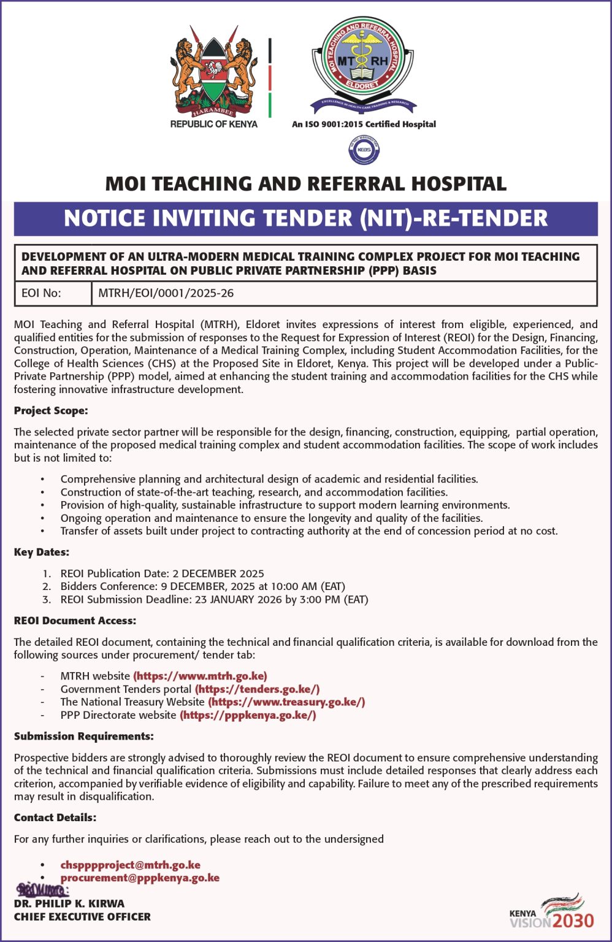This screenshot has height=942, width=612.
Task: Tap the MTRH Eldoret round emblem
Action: pyautogui.click(x=363, y=61)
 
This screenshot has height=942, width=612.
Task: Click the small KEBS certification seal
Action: pyautogui.click(x=364, y=151)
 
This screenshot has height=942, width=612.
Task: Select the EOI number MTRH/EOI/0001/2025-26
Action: pyautogui.click(x=166, y=293)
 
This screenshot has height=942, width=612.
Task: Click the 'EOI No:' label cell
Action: pyautogui.click(x=41, y=293)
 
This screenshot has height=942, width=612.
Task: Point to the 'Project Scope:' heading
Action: pyautogui.click(x=51, y=410)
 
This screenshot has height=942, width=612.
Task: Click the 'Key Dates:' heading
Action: pyautogui.click(x=42, y=552)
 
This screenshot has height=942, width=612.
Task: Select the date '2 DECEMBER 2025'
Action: pyautogui.click(x=218, y=573)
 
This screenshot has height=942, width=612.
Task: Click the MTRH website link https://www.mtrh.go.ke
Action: pyautogui.click(x=200, y=676)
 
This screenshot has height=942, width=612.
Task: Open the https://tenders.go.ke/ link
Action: pyautogui.click(x=257, y=689)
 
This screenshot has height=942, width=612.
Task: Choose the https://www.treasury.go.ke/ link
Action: pyautogui.click(x=286, y=702)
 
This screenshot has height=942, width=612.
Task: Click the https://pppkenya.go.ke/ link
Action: pyautogui.click(x=248, y=714)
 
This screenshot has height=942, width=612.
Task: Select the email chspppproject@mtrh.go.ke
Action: pyautogui.click(x=130, y=865)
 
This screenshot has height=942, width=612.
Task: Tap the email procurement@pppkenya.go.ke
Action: pyautogui.click(x=140, y=878)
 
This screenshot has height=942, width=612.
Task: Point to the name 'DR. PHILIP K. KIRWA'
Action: pyautogui.click(x=69, y=903)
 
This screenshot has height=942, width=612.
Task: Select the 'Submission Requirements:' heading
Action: pyautogui.click(x=83, y=736)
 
